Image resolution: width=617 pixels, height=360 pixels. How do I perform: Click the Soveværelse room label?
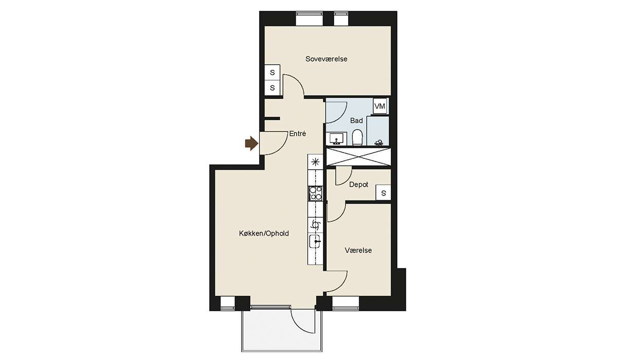(x=326, y=59)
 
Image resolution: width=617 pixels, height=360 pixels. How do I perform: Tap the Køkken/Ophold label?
(x=264, y=233)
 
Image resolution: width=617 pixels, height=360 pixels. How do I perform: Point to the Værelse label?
(x=358, y=250)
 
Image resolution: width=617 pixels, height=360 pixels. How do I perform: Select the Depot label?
(x=359, y=185)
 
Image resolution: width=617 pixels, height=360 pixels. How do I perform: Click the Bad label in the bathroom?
(x=356, y=121)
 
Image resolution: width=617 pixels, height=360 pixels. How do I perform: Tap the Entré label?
(x=298, y=134)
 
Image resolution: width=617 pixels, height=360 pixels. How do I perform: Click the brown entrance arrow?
(x=251, y=143)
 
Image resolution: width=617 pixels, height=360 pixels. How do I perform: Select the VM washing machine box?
(x=380, y=106)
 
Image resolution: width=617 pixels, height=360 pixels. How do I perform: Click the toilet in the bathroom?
(x=358, y=137)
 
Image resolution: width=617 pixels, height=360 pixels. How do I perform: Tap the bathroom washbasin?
(x=336, y=138)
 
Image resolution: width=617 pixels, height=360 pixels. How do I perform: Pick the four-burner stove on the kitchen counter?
(x=315, y=193)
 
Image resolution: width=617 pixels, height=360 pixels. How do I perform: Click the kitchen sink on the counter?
(x=315, y=242)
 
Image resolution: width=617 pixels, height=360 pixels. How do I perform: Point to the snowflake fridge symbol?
(x=315, y=162)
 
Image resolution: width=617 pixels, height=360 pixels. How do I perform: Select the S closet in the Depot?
(x=384, y=192)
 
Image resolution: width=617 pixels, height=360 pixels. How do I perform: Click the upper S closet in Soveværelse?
(x=272, y=73)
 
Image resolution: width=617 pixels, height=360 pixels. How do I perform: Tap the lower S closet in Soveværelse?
(x=272, y=88)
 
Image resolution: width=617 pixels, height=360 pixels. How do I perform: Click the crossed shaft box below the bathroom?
(x=359, y=157)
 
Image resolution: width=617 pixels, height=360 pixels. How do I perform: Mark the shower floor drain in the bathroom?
(x=379, y=142)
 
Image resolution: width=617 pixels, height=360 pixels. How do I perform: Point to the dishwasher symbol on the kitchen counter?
(x=315, y=225)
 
